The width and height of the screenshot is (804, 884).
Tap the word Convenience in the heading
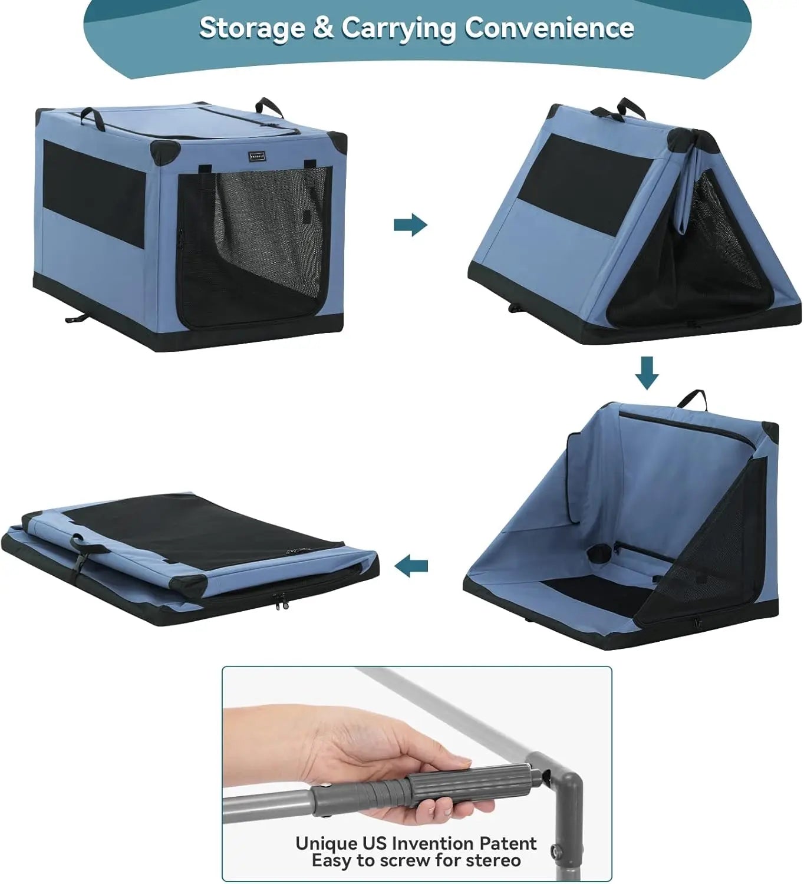coord(549,28)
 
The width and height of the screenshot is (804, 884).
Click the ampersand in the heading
coord(322,28)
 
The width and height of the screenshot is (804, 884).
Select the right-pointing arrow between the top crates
coord(410,225)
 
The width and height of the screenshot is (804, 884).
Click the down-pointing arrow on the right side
coord(647,372)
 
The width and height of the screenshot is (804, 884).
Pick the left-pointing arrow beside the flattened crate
coord(411,567)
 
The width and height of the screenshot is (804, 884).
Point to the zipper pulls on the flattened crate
coord(281,601)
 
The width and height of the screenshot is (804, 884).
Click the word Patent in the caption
coord(508,843)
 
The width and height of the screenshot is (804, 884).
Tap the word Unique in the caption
coord(327,843)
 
